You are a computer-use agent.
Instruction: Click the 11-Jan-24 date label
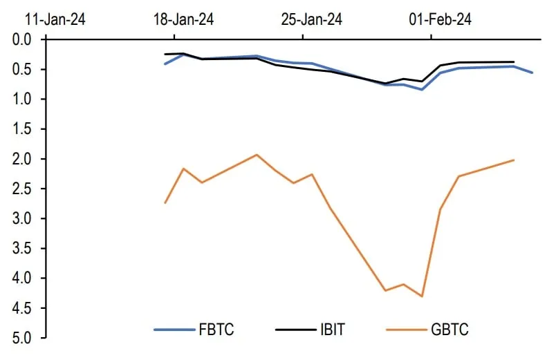click(55, 19)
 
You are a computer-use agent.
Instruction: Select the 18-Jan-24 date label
click(183, 19)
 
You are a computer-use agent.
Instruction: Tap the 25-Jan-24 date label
click(311, 19)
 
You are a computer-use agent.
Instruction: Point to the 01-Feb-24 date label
click(440, 19)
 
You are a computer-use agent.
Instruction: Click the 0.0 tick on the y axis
click(23, 39)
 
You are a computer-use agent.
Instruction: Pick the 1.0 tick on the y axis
click(23, 99)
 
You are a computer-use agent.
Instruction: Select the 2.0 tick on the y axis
click(23, 159)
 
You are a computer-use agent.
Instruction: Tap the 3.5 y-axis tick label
click(23, 248)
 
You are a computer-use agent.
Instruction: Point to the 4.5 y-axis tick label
click(23, 308)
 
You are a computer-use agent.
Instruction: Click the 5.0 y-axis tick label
click(23, 338)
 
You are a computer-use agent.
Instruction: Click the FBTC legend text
click(216, 330)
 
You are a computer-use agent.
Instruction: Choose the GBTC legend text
click(450, 330)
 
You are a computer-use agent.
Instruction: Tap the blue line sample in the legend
click(173, 330)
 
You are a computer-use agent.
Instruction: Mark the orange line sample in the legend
click(407, 330)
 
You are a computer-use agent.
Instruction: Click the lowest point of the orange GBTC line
click(422, 296)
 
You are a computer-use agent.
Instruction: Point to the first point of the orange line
click(165, 202)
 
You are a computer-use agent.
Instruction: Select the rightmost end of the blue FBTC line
click(532, 73)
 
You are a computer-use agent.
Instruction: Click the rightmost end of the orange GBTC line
click(514, 160)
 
